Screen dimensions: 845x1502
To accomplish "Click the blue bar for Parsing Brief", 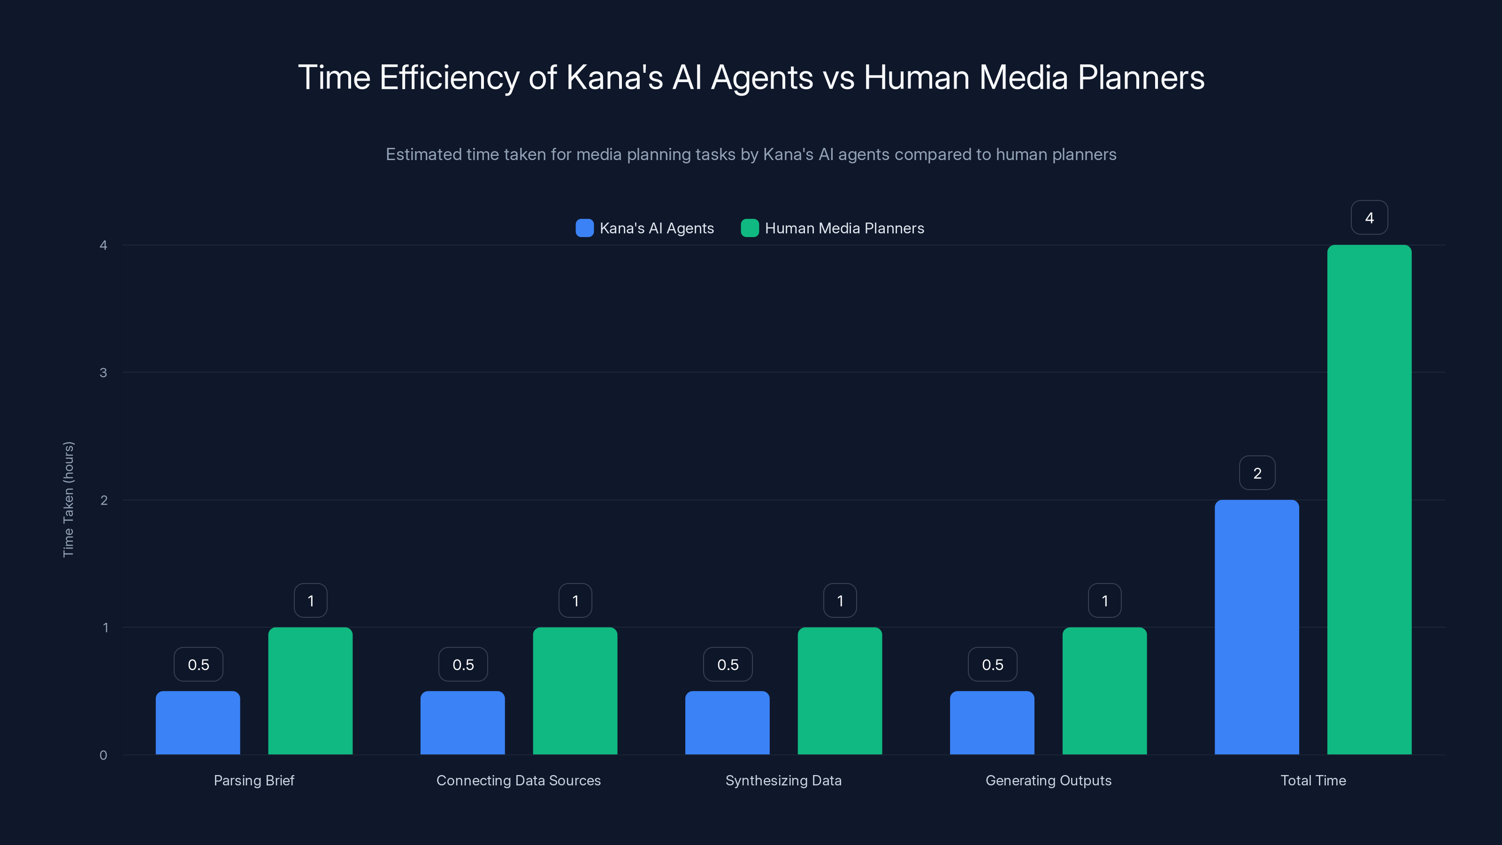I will (198, 722).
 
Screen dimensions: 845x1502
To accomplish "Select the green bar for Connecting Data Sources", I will (575, 691).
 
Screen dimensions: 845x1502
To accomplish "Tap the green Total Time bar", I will (1369, 500).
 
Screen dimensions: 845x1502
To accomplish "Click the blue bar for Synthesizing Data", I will (727, 722).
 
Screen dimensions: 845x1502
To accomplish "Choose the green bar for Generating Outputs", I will (1104, 691).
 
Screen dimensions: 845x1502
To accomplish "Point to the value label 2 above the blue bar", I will (1257, 473).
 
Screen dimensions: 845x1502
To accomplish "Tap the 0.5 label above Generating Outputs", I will (992, 665).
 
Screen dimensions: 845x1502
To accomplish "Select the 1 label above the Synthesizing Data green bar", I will (840, 601).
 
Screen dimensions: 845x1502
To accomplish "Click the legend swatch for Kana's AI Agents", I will (584, 228).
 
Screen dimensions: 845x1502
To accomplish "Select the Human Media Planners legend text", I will (844, 228).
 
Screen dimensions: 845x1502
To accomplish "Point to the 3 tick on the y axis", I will (103, 373).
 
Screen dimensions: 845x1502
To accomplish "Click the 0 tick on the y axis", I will (103, 755).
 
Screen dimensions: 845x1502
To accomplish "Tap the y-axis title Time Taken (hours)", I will (68, 499).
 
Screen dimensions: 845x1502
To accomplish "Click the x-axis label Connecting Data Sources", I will (518, 780).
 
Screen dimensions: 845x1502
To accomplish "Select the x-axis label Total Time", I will (1313, 780).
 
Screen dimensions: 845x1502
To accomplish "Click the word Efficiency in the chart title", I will (449, 77).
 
